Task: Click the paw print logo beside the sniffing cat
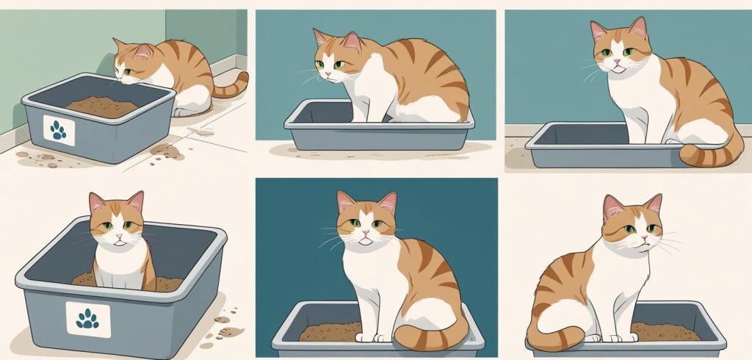[59, 130]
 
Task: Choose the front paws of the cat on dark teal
[371, 338]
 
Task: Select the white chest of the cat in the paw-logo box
[117, 264]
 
